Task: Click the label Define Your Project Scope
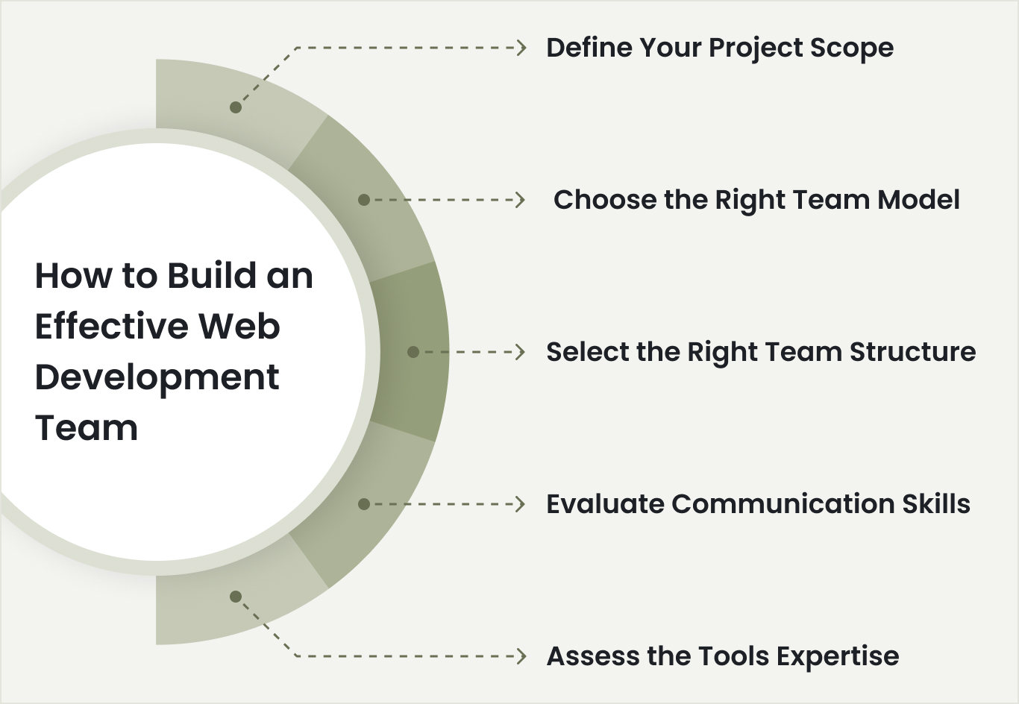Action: [720, 48]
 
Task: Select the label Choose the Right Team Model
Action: [756, 200]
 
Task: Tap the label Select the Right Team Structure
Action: [761, 352]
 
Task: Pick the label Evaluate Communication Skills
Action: [758, 504]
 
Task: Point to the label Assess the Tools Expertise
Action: [723, 656]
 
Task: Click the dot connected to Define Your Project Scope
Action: [236, 107]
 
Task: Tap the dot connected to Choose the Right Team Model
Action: [364, 200]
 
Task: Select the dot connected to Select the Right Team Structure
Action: [413, 352]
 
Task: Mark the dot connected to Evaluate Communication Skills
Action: [364, 504]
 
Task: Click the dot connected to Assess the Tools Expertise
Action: [236, 597]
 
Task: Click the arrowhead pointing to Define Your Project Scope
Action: [521, 48]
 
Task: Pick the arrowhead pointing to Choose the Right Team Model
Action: [521, 200]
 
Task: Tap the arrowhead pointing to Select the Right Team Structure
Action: [521, 352]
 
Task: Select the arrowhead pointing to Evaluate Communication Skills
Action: [521, 504]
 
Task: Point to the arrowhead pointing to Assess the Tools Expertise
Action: [521, 656]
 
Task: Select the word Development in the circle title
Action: [157, 377]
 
